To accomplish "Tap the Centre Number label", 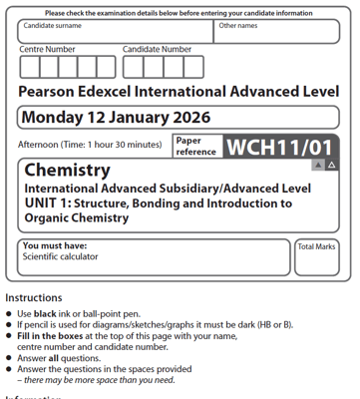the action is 47,49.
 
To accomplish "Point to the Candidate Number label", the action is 158,49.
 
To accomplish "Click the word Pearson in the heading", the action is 52,92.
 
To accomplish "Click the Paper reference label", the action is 195,147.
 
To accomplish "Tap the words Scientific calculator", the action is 60,256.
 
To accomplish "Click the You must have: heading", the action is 55,245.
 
